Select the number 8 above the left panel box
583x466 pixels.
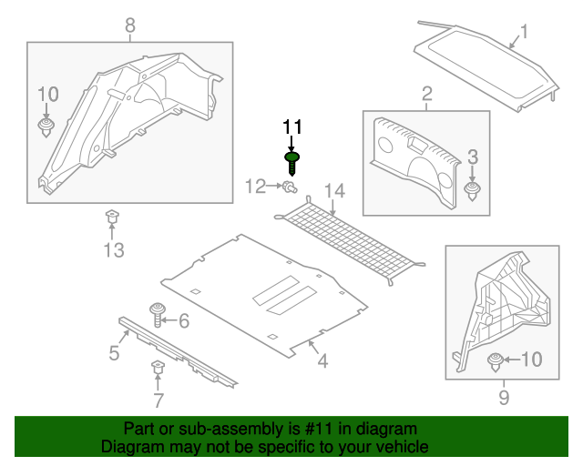coord(129,25)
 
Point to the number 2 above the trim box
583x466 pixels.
coord(425,94)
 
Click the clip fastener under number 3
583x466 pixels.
coord(473,191)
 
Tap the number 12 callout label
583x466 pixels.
coord(254,187)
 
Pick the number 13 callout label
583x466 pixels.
coord(113,250)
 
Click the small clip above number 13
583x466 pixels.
coord(112,217)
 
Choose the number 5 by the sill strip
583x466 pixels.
coord(114,352)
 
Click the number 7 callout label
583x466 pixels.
coord(158,400)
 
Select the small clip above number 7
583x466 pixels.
coord(157,369)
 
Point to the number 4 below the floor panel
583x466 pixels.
coord(322,362)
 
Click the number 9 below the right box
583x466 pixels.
coord(504,397)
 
